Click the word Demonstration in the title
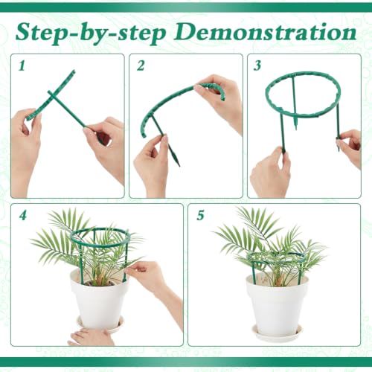[265, 32]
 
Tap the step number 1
[22, 65]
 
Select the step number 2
[141, 65]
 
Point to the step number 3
[257, 65]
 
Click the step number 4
[23, 215]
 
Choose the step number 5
[200, 215]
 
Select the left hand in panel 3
[270, 173]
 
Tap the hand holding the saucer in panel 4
[92, 336]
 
